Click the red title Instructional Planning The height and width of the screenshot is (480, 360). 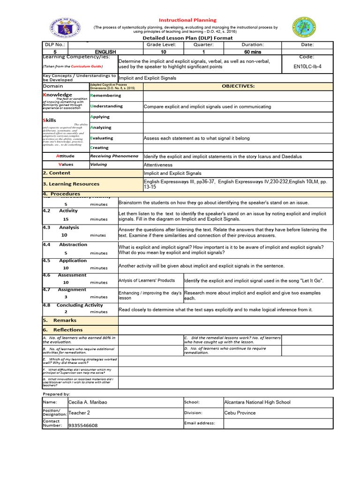coord(187,20)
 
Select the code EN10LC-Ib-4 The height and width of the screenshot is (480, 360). coord(307,67)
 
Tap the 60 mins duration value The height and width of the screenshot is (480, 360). coord(253,52)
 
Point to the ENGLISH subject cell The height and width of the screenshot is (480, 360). coord(105,52)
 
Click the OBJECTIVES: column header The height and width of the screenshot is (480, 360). coord(238,86)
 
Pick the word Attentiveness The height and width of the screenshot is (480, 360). coord(158,165)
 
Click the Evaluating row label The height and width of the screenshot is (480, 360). coord(102,138)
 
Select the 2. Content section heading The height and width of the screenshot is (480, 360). coord(57,173)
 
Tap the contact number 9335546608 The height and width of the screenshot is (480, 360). coord(83,426)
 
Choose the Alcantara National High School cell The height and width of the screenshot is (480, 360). coord(257,402)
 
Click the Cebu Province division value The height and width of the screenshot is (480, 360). coord(240,413)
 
